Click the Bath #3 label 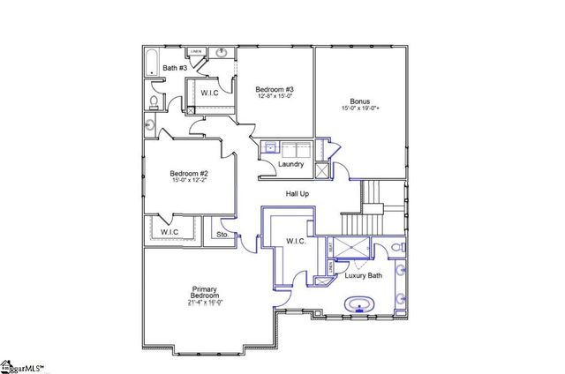pyautogui.click(x=174, y=68)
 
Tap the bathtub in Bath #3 pyautogui.click(x=151, y=64)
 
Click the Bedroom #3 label pyautogui.click(x=274, y=89)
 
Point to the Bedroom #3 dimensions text pyautogui.click(x=274, y=96)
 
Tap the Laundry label pyautogui.click(x=290, y=164)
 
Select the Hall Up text pyautogui.click(x=297, y=193)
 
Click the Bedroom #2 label pyautogui.click(x=189, y=174)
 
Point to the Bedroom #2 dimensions pyautogui.click(x=189, y=182)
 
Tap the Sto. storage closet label pyautogui.click(x=222, y=235)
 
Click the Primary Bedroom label pyautogui.click(x=205, y=292)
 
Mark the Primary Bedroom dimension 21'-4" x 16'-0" pyautogui.click(x=205, y=303)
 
